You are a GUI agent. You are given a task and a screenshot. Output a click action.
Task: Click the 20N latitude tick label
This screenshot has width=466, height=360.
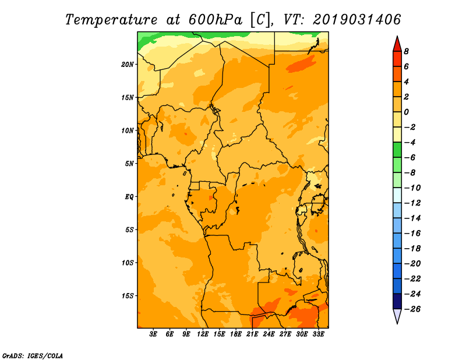[128, 65]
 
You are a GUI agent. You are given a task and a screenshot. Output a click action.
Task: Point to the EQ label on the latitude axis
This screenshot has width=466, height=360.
[129, 197]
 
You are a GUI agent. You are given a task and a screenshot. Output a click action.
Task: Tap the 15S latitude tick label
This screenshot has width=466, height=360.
[128, 296]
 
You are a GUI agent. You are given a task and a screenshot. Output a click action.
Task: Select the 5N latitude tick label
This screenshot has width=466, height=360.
[129, 164]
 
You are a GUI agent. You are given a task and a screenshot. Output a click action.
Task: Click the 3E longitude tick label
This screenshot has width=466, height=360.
[153, 334]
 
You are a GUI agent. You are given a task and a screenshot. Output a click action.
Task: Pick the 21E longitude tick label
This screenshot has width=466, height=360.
[252, 334]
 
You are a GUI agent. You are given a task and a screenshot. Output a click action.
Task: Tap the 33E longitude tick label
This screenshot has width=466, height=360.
[318, 334]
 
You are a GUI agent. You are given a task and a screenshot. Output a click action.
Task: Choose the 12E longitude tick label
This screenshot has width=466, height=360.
[202, 334]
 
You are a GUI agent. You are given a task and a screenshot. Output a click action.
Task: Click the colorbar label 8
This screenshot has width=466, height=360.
[406, 51]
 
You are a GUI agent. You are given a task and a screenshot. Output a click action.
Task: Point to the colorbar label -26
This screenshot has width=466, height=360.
[412, 309]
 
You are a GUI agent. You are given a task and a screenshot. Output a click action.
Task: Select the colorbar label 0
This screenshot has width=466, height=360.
[406, 112]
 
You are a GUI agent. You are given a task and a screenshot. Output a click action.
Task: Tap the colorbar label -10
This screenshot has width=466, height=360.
[412, 188]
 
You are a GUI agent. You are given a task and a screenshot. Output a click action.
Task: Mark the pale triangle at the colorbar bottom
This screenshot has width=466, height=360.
[397, 316]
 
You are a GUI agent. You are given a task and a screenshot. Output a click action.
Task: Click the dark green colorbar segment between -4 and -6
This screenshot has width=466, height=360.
[397, 150]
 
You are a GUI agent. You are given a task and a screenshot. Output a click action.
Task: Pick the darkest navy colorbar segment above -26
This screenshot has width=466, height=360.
[397, 301]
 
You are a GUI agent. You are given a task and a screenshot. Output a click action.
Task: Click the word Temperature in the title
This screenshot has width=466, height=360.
[111, 20]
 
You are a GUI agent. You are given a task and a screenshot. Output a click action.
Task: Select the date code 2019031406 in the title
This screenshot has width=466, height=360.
[356, 20]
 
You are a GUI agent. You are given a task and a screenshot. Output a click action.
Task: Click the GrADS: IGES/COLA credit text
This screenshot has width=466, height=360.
[33, 355]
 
